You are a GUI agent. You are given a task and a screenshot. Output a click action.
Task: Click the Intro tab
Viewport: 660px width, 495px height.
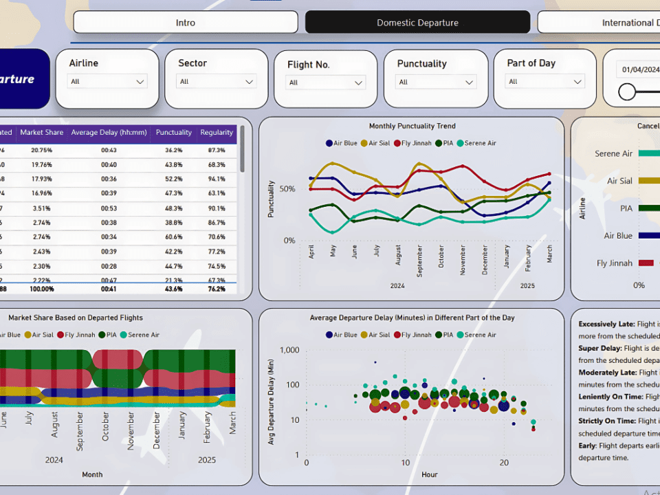coord(186,23)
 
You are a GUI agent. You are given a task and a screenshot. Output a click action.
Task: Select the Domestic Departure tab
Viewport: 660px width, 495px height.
coord(417,23)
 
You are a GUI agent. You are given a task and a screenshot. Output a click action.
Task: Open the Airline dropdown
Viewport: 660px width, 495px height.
coord(107,82)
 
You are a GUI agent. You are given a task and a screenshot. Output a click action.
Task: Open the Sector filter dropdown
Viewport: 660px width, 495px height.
coord(217,82)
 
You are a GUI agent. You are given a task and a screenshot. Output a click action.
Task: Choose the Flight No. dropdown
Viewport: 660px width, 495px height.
coord(326,82)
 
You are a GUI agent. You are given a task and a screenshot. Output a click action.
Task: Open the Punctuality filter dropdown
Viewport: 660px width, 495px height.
coord(436,82)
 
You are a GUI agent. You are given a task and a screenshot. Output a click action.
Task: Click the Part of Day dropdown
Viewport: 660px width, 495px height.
coord(545,82)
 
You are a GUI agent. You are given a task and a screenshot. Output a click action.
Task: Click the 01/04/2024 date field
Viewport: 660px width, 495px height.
coord(641,69)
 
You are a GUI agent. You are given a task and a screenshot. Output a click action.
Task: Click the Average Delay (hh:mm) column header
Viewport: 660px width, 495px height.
coord(109,133)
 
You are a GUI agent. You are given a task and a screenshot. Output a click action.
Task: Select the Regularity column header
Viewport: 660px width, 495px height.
coord(217,133)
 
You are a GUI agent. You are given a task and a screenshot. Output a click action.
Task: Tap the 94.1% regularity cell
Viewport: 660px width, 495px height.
coord(217,179)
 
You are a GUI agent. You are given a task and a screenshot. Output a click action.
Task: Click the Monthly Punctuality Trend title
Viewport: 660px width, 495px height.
coord(412,126)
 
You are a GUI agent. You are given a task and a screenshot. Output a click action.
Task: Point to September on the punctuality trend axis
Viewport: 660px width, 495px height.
coord(419,261)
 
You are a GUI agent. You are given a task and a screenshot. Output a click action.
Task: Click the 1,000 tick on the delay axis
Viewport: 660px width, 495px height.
coord(289,350)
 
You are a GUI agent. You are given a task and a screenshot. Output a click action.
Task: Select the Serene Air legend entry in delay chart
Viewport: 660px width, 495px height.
coord(480,335)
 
